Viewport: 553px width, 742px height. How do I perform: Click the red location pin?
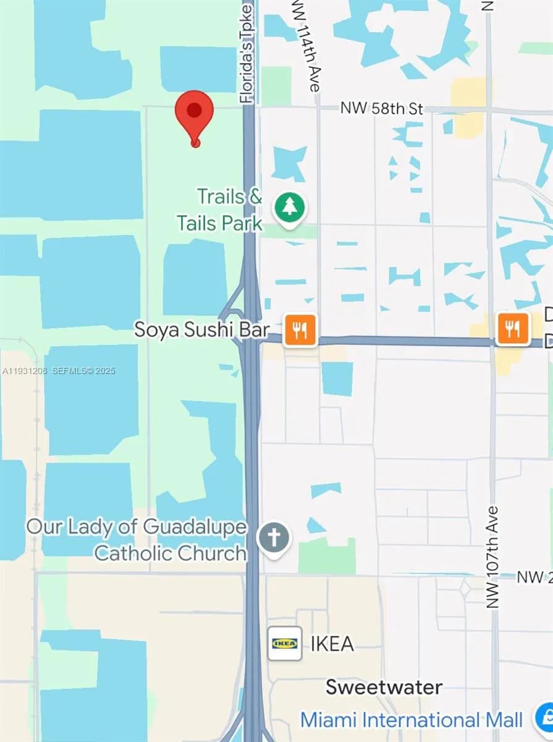pyautogui.click(x=194, y=114)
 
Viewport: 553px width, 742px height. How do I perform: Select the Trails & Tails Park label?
pyautogui.click(x=219, y=210)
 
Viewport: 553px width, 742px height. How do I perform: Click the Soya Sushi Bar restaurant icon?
pyautogui.click(x=300, y=329)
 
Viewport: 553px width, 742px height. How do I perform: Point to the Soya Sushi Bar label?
pyautogui.click(x=202, y=330)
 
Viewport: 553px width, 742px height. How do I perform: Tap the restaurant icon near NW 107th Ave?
pyautogui.click(x=513, y=328)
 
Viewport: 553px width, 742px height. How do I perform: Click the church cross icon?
pyautogui.click(x=274, y=539)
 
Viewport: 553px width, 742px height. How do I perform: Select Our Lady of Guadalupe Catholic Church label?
pyautogui.click(x=137, y=540)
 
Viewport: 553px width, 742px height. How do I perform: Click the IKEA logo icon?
pyautogui.click(x=285, y=643)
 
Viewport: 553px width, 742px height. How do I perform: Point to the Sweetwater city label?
pyautogui.click(x=384, y=687)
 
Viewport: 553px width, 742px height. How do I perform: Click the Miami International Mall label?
pyautogui.click(x=411, y=720)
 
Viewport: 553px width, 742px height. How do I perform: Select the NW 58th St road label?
pyautogui.click(x=381, y=109)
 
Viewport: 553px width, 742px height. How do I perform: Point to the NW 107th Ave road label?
pyautogui.click(x=492, y=556)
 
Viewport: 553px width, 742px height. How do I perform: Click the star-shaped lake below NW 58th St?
pyautogui.click(x=289, y=161)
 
